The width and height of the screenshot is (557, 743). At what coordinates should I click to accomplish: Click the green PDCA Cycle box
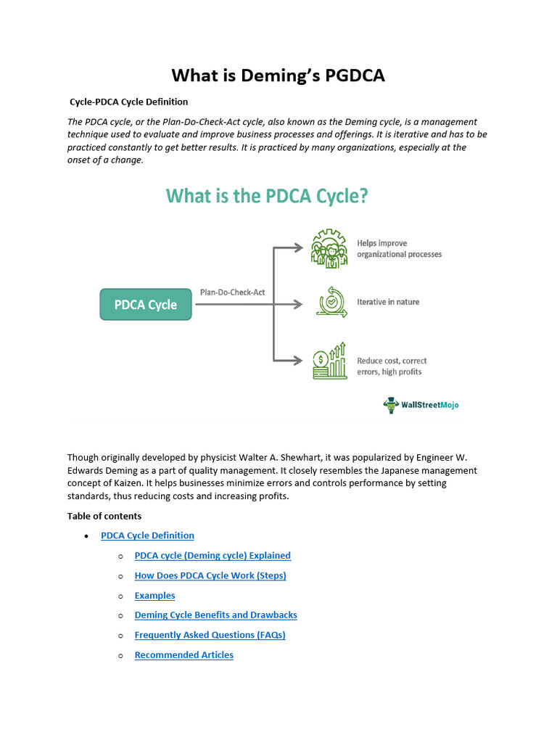[x=146, y=305]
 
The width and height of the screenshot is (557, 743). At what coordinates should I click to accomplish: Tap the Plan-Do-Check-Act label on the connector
[x=232, y=292]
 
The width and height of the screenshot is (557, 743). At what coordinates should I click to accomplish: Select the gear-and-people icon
[x=330, y=249]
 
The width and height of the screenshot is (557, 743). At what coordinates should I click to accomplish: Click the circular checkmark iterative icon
[x=331, y=302]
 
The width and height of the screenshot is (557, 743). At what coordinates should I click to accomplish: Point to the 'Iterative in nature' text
[x=388, y=302]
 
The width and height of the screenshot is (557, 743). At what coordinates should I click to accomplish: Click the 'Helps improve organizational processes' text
[x=399, y=249]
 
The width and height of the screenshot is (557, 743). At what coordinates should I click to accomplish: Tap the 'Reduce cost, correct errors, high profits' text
[x=392, y=366]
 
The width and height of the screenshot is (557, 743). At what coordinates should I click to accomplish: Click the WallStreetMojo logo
[x=421, y=406]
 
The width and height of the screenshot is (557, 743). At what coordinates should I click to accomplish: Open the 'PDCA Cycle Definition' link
[x=147, y=535]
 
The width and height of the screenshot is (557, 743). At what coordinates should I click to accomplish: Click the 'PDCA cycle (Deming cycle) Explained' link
[x=213, y=556]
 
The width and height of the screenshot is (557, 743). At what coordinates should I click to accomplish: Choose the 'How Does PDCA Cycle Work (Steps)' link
[x=210, y=575]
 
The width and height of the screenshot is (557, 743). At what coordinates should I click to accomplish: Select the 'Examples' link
[x=154, y=596]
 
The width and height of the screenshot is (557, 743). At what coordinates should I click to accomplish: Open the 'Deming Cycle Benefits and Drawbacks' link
[x=215, y=615]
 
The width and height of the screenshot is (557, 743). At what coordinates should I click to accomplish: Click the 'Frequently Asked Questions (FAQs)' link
[x=210, y=635]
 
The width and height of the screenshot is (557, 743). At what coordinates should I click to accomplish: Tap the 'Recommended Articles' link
[x=183, y=655]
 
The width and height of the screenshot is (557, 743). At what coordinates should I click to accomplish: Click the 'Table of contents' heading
[x=104, y=516]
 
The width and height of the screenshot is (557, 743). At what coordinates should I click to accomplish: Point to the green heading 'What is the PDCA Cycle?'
[x=267, y=197]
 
